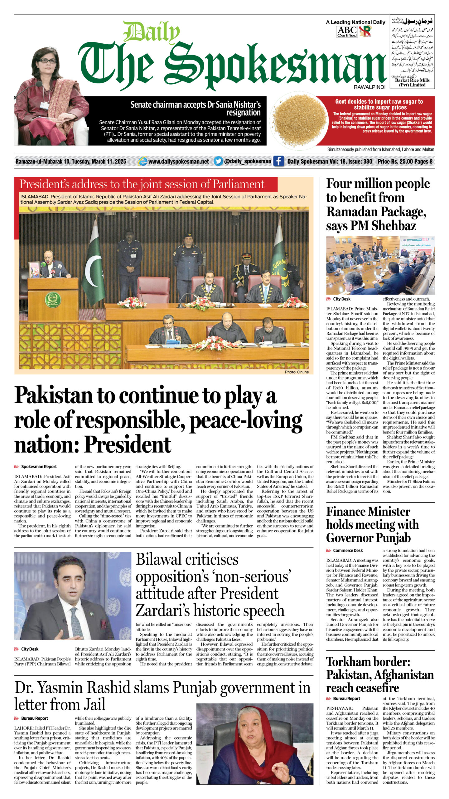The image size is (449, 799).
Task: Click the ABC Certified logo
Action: coord(347,31)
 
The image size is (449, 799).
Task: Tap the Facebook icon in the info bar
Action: coord(278,161)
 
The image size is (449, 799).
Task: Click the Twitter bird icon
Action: coord(218,161)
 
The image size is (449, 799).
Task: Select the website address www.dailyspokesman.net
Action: coord(178,161)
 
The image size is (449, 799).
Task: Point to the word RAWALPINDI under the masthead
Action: coord(369,87)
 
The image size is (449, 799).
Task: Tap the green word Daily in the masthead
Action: coord(152,32)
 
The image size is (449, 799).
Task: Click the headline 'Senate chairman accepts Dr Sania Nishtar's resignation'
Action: coord(196,108)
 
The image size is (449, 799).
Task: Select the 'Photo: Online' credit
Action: coord(297,372)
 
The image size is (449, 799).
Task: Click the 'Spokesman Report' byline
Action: coord(39,467)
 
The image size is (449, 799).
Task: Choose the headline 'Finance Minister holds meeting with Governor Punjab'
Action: coord(372,525)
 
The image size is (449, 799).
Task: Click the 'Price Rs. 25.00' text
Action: coord(395,161)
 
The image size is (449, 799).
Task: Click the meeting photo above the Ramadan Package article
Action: coord(380,265)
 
